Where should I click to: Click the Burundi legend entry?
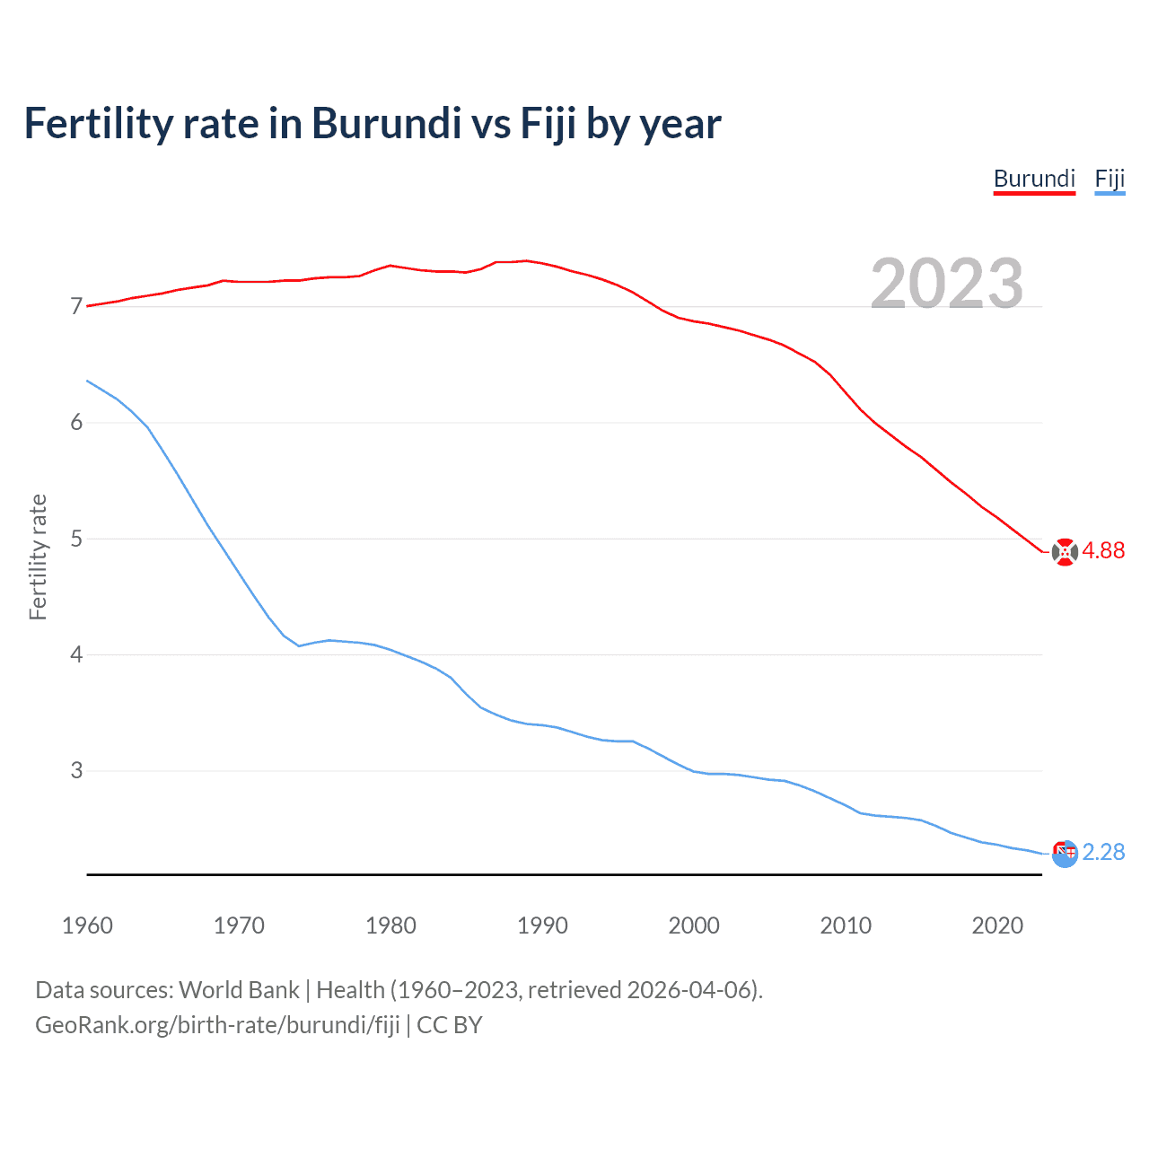point(1034,179)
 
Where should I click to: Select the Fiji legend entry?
point(1110,179)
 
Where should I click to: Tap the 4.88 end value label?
point(1103,551)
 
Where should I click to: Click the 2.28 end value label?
point(1103,852)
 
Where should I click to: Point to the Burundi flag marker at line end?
point(1065,552)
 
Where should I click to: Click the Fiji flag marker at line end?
point(1065,854)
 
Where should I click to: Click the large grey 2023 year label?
point(947,284)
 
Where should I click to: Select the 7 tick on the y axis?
point(76,307)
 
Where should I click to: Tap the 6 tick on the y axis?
point(76,423)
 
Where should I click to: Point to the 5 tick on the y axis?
point(76,539)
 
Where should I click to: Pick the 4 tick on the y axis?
point(76,654)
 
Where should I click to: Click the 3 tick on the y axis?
point(76,770)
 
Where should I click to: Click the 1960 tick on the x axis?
point(87,925)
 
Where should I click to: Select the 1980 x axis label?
point(390,925)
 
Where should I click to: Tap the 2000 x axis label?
point(694,925)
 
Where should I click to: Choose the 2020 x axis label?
point(997,925)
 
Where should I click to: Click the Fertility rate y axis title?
point(38,557)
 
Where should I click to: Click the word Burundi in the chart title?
point(386,124)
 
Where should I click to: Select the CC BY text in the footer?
point(450,1025)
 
